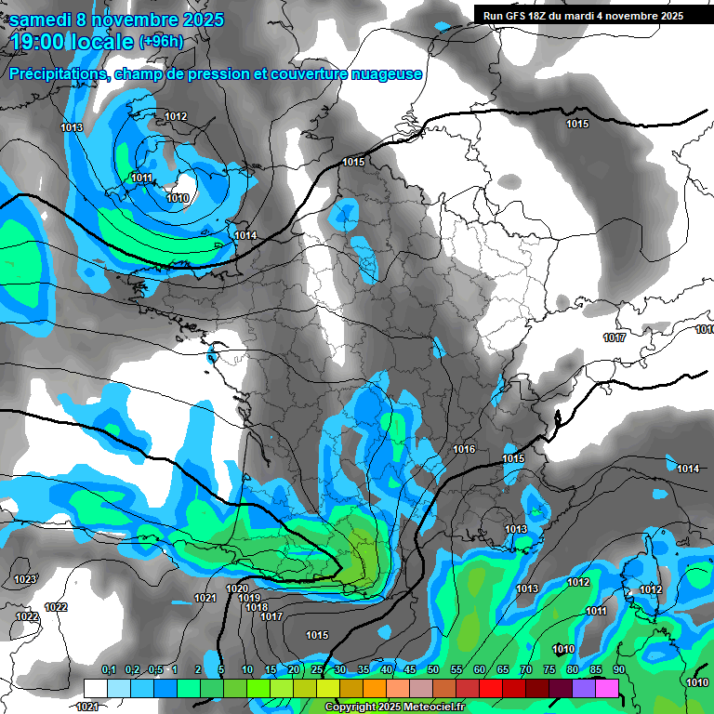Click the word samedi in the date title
click(45, 19)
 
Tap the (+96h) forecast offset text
click(161, 41)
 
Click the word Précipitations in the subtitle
click(59, 73)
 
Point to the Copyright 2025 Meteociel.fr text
click(401, 707)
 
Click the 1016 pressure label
click(464, 450)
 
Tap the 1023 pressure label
click(26, 580)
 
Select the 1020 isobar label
click(237, 589)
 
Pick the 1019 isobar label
click(249, 599)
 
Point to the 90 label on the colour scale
click(618, 670)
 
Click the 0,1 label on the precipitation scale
click(109, 670)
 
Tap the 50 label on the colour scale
click(433, 670)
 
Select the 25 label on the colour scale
click(317, 670)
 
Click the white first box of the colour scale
click(96, 688)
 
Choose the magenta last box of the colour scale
click(607, 688)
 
